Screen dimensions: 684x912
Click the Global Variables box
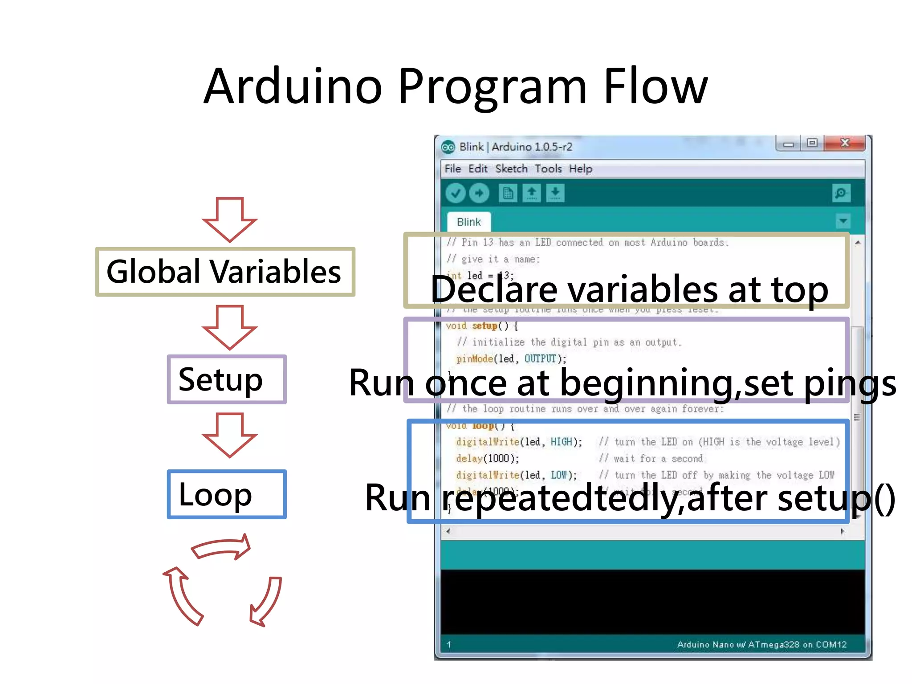coord(225,272)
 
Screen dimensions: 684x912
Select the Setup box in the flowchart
coord(226,379)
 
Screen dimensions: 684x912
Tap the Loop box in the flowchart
coord(226,494)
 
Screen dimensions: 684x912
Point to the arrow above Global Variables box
coord(229,219)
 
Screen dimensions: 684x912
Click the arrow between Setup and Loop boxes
coord(229,435)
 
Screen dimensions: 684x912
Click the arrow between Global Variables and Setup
coord(229,327)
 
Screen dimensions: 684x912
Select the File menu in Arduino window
coord(452,169)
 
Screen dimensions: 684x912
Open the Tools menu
coord(548,169)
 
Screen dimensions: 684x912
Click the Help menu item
coord(580,169)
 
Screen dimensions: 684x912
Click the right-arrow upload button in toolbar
coord(479,193)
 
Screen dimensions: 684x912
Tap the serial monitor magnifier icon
coord(841,193)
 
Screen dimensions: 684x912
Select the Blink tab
coord(468,222)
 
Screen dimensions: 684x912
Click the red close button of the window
coord(844,143)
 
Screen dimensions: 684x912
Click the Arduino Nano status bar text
coord(761,644)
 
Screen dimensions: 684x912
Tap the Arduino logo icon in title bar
coord(448,147)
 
